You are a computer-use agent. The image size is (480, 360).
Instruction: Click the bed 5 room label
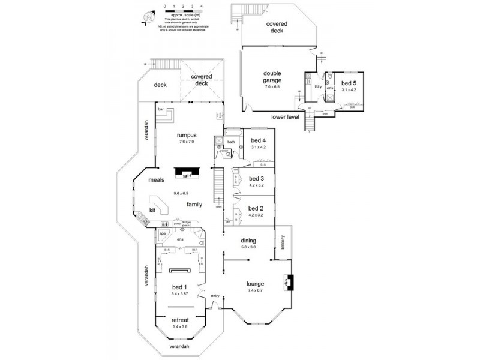[x=349, y=83]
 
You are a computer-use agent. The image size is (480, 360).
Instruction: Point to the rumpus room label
[x=187, y=136]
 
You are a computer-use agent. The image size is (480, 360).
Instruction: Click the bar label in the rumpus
[x=161, y=110]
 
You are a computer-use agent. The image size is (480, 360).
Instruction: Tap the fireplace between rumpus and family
[x=187, y=173]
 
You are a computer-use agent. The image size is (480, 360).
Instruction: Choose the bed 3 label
[x=256, y=178]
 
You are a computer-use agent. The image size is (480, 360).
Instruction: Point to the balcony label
[x=283, y=242]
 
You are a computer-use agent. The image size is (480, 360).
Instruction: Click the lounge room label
[x=256, y=284]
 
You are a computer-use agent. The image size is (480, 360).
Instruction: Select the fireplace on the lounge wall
[x=288, y=281]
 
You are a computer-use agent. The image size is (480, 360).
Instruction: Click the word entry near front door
[x=215, y=296]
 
